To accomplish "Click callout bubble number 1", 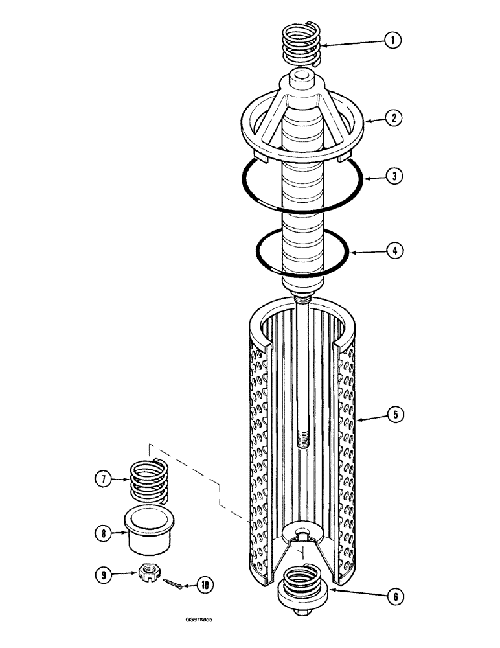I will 391,41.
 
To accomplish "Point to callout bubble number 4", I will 391,250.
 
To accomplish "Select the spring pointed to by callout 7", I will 149,481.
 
